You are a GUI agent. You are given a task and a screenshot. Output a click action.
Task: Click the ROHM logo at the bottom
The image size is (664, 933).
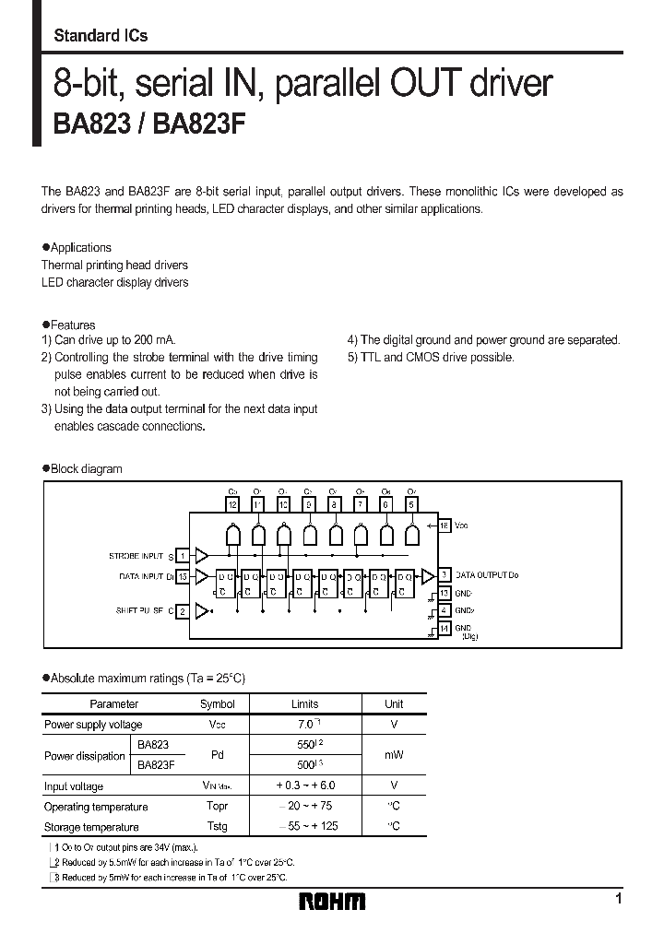332,901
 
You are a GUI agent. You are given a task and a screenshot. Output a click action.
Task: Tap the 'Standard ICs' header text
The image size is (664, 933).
101,36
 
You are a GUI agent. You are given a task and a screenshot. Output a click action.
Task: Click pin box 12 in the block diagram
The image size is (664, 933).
232,505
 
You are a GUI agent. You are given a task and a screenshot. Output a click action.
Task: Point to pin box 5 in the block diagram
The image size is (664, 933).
411,505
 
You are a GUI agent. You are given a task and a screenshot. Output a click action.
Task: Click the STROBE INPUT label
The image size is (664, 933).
136,556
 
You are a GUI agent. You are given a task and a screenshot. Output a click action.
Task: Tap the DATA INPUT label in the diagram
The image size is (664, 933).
145,577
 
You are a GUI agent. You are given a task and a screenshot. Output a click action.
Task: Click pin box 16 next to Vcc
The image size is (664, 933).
444,525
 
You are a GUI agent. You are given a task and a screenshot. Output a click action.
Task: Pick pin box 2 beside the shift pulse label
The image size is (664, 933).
183,610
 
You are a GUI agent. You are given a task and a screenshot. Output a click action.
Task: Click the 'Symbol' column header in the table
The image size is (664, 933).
218,703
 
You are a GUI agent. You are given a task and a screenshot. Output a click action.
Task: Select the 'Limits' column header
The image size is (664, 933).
304,703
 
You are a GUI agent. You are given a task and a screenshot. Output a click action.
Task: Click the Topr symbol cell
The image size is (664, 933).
218,807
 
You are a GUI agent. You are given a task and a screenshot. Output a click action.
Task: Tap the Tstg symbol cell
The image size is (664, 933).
218,826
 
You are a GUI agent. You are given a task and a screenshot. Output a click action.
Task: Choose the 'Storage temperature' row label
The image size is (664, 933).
91,827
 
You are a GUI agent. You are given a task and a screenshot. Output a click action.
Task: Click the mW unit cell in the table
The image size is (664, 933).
394,755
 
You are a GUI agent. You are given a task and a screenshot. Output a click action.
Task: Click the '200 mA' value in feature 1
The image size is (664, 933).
154,340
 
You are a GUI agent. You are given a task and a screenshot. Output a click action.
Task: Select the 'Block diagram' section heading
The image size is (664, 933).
86,468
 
